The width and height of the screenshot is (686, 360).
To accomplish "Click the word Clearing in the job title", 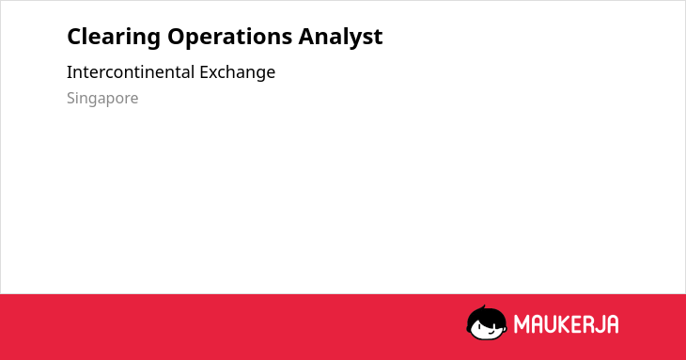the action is pyautogui.click(x=114, y=37).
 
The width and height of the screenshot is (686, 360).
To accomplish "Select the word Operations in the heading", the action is pyautogui.click(x=229, y=37).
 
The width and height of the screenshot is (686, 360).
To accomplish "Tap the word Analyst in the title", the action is pyautogui.click(x=340, y=37).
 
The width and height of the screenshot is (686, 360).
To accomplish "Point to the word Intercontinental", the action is pyautogui.click(x=131, y=72).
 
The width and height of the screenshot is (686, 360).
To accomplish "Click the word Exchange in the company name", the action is pyautogui.click(x=237, y=72).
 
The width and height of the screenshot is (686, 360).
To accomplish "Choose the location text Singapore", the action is pyautogui.click(x=102, y=99).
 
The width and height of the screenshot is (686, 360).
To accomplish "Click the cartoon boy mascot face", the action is pyautogui.click(x=487, y=322).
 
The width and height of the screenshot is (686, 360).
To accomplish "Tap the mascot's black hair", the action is pyautogui.click(x=486, y=314).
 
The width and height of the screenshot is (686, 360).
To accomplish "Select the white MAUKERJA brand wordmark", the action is pyautogui.click(x=566, y=324).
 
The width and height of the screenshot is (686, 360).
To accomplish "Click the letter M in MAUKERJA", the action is pyautogui.click(x=522, y=324).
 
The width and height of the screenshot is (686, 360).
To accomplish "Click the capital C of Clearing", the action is pyautogui.click(x=74, y=37).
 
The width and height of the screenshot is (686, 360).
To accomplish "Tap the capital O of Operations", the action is pyautogui.click(x=176, y=37).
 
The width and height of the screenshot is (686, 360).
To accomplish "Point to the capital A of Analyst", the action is pyautogui.click(x=306, y=37).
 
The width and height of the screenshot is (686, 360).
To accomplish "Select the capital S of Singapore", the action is pyautogui.click(x=71, y=98).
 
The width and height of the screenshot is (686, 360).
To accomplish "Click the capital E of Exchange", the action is pyautogui.click(x=204, y=72).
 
